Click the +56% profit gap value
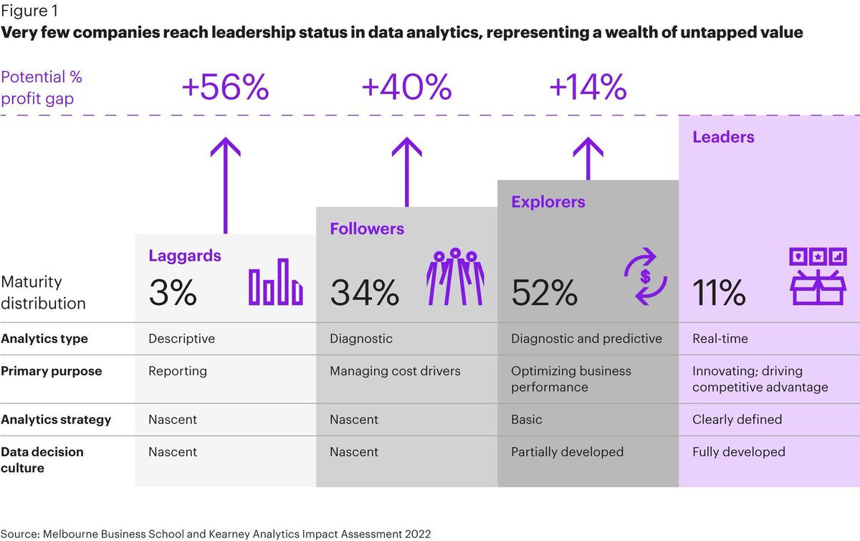coord(225,88)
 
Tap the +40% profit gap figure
coord(406,88)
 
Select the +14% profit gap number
coord(588,88)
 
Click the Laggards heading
coord(185,255)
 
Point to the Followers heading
coord(367,229)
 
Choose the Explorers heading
coord(548,202)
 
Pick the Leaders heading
coord(723,137)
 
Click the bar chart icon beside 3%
coord(276,282)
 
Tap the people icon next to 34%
coord(451,277)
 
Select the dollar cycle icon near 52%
coord(644,276)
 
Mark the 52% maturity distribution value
coord(545,293)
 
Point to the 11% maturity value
coord(719,293)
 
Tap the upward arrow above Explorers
coord(588,159)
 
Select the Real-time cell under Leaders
coord(720,339)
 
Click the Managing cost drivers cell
coord(395,371)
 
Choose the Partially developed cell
coord(567,452)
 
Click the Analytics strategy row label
coord(56,420)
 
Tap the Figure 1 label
coord(29,11)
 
